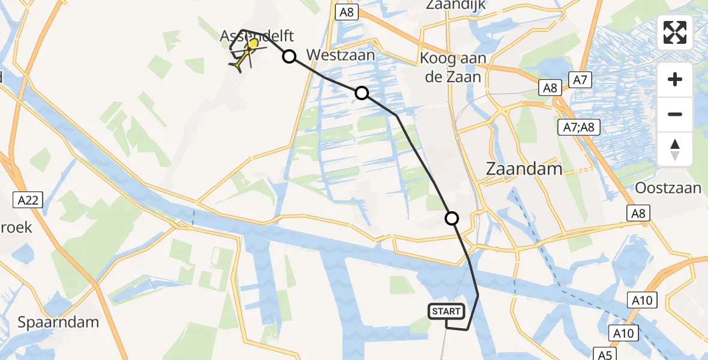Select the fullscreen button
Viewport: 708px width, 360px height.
[675, 32]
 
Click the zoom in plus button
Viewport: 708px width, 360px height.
[675, 79]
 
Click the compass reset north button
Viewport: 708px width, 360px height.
[675, 149]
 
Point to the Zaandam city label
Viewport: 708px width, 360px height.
[524, 169]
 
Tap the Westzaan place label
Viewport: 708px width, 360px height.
[341, 56]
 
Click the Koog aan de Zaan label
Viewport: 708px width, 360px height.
[451, 68]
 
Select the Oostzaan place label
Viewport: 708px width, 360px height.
[668, 188]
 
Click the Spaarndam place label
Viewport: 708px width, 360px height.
[58, 322]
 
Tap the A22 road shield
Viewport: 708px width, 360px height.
[28, 200]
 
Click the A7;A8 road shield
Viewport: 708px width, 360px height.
[578, 127]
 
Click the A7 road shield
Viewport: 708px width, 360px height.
[579, 79]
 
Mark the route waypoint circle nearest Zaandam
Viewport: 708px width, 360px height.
[451, 218]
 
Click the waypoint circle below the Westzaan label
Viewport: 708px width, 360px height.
[361, 93]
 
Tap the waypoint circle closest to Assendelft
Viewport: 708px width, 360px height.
[289, 56]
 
